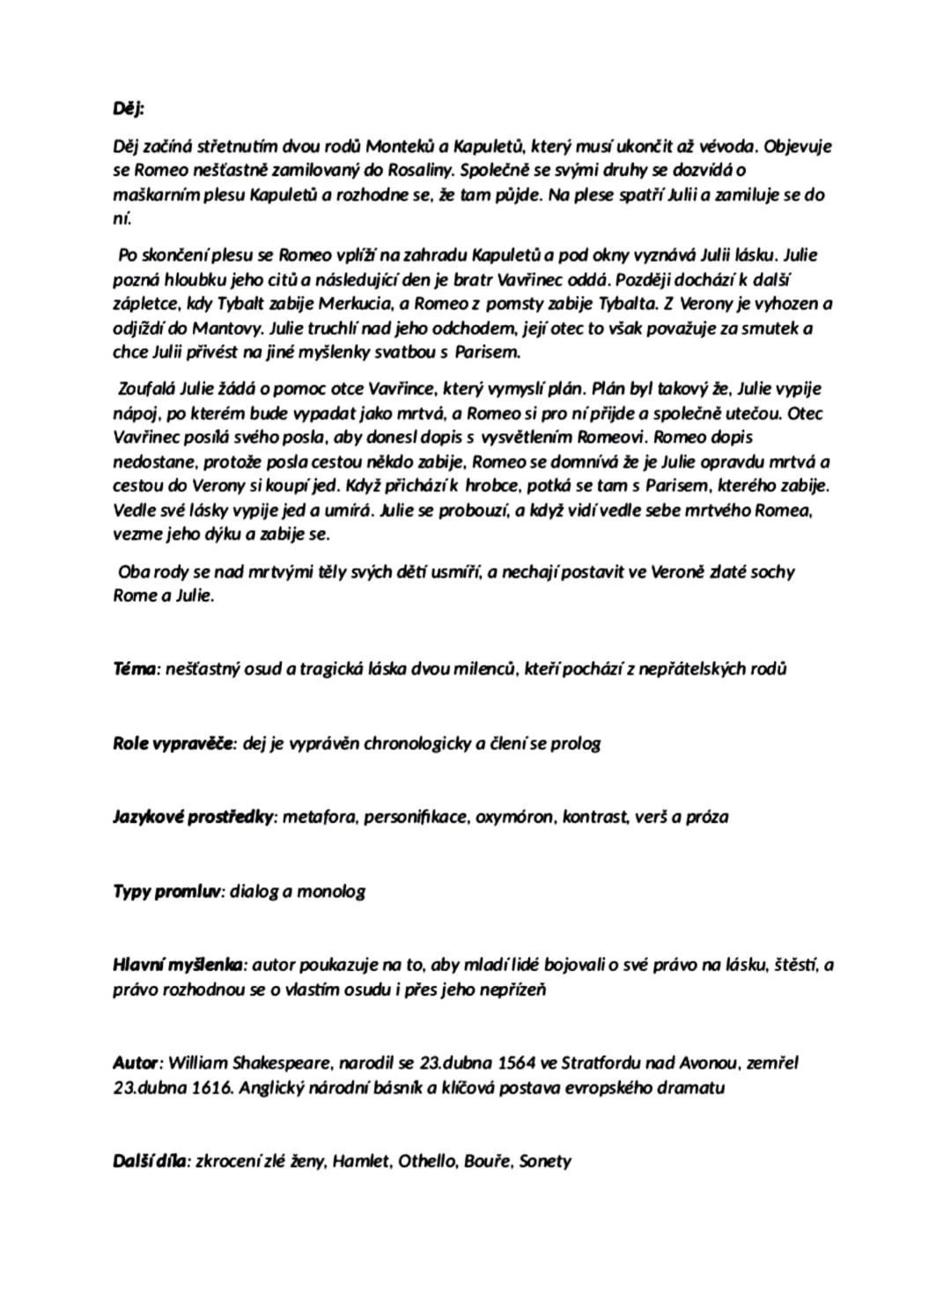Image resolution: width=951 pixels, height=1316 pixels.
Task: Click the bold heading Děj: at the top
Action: (129, 108)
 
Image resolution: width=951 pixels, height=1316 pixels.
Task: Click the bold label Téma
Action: (135, 668)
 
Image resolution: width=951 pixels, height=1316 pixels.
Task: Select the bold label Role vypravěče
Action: (173, 743)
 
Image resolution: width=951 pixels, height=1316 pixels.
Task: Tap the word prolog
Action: (574, 743)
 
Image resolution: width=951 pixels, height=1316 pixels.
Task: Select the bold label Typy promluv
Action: (167, 891)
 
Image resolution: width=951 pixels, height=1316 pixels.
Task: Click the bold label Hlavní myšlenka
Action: (181, 966)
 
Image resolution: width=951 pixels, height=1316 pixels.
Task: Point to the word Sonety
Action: (545, 1162)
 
